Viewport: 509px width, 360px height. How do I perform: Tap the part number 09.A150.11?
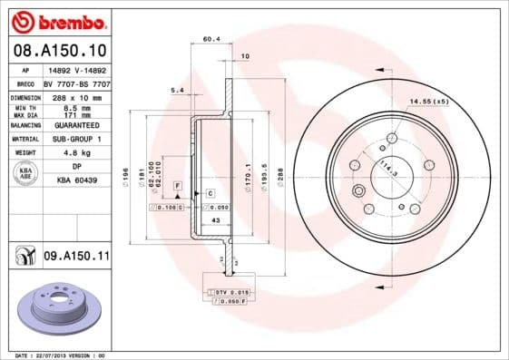76,257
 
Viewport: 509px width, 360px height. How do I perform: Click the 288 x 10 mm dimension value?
75,96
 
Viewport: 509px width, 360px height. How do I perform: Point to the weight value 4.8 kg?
75,153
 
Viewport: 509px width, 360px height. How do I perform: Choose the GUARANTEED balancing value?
75,125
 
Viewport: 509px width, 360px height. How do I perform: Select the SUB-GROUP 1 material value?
75,139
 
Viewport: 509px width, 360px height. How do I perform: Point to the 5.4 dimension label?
177,90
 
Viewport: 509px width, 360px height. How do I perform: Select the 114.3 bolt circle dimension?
388,168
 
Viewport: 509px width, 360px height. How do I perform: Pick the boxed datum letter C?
210,193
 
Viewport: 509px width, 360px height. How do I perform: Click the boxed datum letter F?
177,185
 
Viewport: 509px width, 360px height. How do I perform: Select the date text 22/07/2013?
56,355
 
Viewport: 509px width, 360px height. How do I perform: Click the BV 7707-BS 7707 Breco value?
75,82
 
